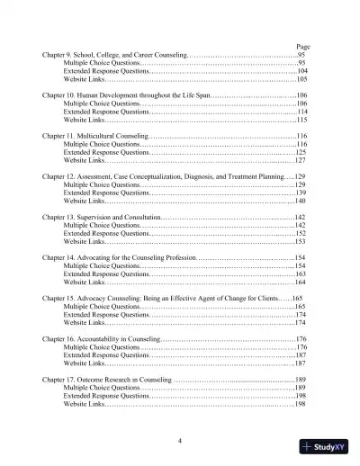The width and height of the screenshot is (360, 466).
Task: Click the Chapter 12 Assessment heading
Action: pos(162,176)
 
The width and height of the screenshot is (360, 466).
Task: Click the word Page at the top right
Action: pos(301,47)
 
